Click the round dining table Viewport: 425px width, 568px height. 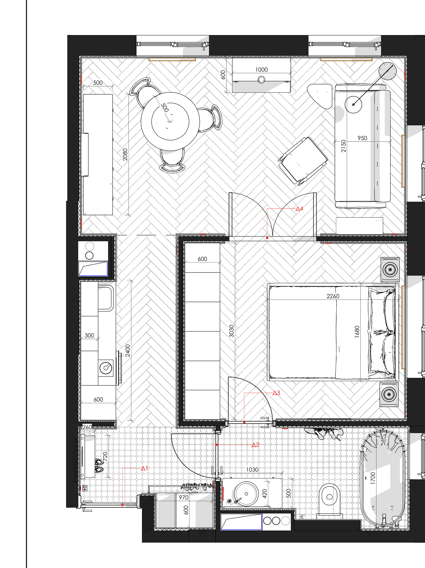point(170,121)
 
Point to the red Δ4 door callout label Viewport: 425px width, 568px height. point(299,209)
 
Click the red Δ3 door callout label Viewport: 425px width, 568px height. point(276,393)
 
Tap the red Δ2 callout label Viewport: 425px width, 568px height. point(255,445)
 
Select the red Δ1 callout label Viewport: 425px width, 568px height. point(145,468)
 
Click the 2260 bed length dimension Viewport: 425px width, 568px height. point(333,296)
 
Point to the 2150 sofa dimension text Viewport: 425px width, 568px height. point(343,146)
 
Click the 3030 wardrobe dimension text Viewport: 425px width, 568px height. point(231,331)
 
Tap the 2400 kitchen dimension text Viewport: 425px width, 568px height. point(128,351)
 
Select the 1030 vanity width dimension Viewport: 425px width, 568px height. point(252,470)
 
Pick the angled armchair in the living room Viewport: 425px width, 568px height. point(303,161)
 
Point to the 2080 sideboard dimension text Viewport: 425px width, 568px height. point(125,155)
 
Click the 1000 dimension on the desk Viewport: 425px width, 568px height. point(261,70)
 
